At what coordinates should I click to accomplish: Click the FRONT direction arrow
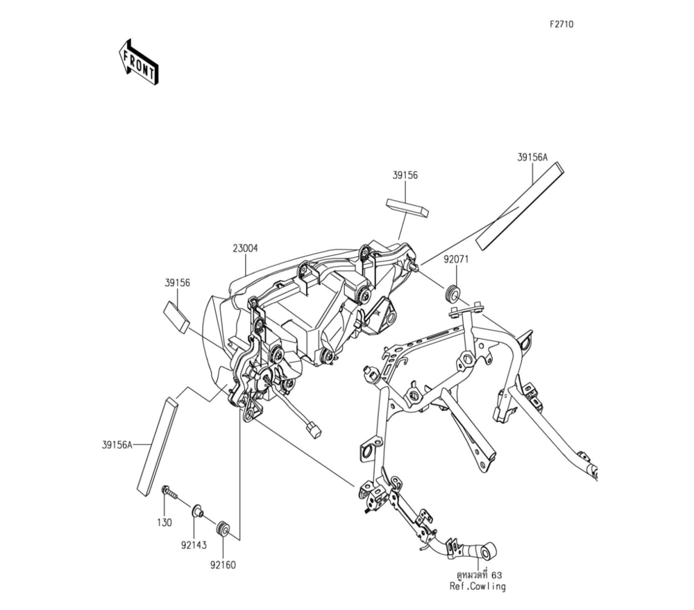[x=139, y=62]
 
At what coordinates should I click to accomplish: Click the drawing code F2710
[x=561, y=24]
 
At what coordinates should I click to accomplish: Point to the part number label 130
[x=164, y=523]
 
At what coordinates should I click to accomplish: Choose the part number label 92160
[x=223, y=565]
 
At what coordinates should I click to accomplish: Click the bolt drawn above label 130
[x=169, y=492]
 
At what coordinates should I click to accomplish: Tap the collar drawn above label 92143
[x=197, y=512]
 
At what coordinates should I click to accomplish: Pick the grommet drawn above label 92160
[x=224, y=528]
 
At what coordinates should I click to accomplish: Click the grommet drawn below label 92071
[x=452, y=293]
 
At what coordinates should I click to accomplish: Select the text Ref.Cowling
[x=477, y=586]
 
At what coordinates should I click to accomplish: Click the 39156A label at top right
[x=532, y=157]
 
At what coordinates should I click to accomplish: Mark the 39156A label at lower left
[x=117, y=445]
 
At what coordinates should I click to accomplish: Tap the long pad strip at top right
[x=519, y=206]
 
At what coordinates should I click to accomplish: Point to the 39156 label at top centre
[x=405, y=176]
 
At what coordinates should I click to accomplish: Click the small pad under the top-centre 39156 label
[x=407, y=208]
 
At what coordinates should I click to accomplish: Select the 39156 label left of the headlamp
[x=178, y=283]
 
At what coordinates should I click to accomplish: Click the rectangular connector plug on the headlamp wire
[x=315, y=430]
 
